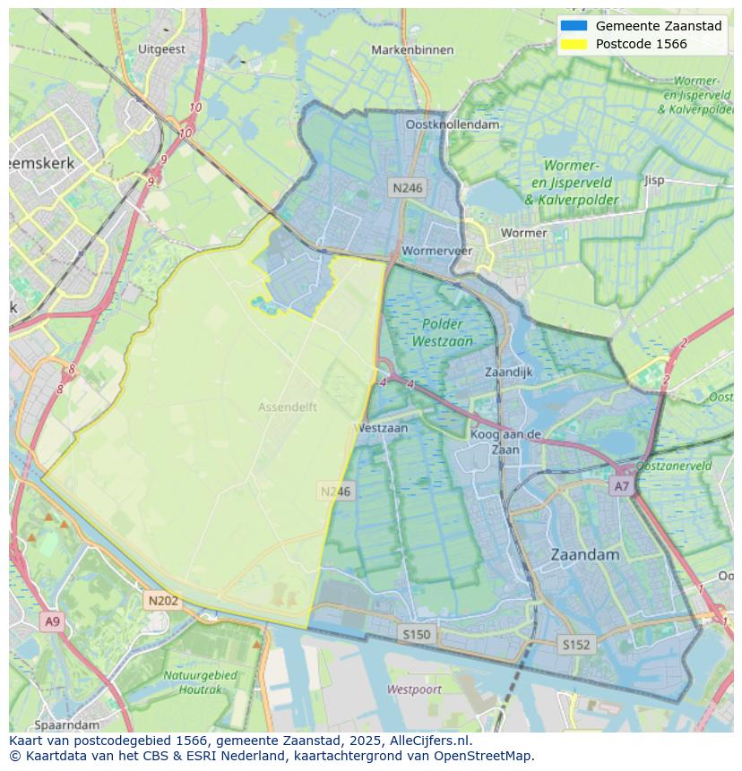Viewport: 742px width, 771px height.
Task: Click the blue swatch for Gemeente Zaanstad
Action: [x=574, y=26]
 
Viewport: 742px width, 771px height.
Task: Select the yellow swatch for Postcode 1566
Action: [x=574, y=44]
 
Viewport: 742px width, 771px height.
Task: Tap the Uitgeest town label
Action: [x=162, y=50]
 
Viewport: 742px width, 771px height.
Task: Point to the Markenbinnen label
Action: [x=413, y=50]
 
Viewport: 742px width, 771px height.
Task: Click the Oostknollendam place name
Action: [x=452, y=125]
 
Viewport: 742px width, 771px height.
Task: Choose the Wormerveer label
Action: [x=436, y=251]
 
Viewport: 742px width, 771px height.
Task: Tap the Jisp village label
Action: [x=654, y=180]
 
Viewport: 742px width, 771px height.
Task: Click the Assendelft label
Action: [x=288, y=407]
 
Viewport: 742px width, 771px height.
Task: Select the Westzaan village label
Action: [x=384, y=428]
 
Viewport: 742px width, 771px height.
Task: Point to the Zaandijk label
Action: [x=508, y=372]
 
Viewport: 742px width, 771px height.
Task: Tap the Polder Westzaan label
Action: [x=442, y=332]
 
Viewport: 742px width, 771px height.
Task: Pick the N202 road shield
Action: [x=163, y=601]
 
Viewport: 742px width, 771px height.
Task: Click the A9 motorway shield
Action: [x=52, y=621]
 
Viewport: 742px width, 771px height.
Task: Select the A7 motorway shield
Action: [x=621, y=485]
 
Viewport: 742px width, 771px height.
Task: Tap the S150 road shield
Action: [x=416, y=634]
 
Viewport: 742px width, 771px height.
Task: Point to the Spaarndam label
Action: [x=67, y=724]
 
